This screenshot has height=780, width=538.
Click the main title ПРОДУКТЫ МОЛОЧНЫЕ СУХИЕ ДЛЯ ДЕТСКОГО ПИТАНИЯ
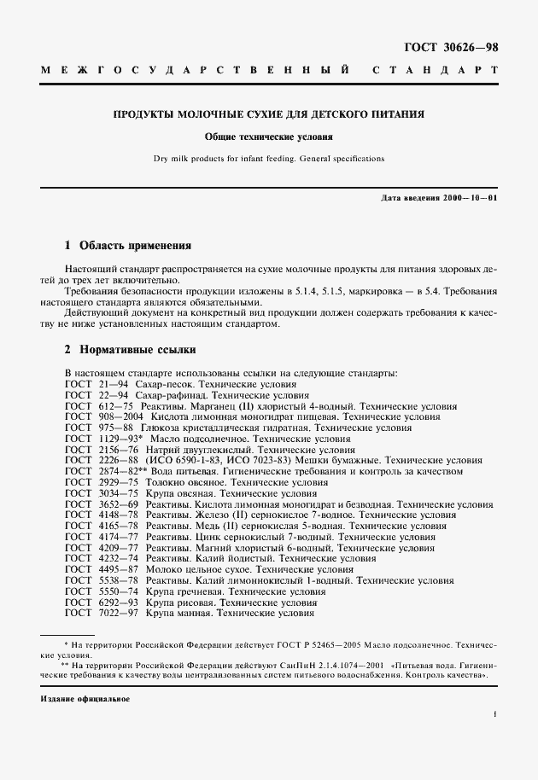269,114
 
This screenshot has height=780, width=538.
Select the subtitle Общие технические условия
268,136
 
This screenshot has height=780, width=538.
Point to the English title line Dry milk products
269,158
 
